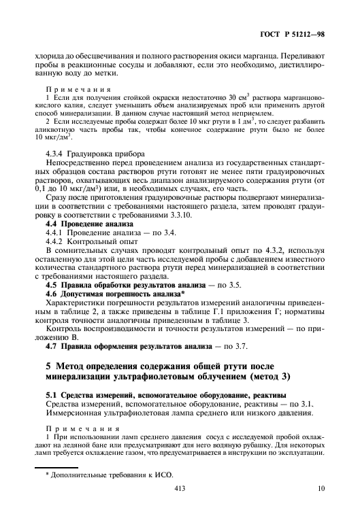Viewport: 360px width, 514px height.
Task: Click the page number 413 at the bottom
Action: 180,489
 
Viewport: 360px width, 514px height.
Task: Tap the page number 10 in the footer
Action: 321,489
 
